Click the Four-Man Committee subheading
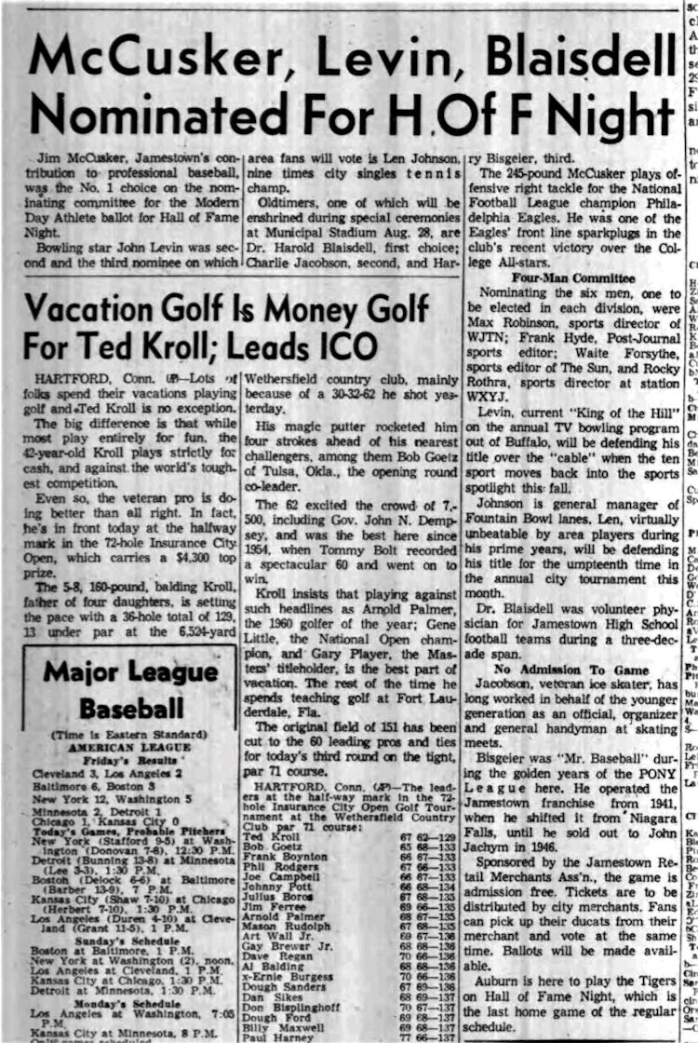pos(567,278)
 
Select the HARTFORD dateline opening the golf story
pos(66,379)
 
